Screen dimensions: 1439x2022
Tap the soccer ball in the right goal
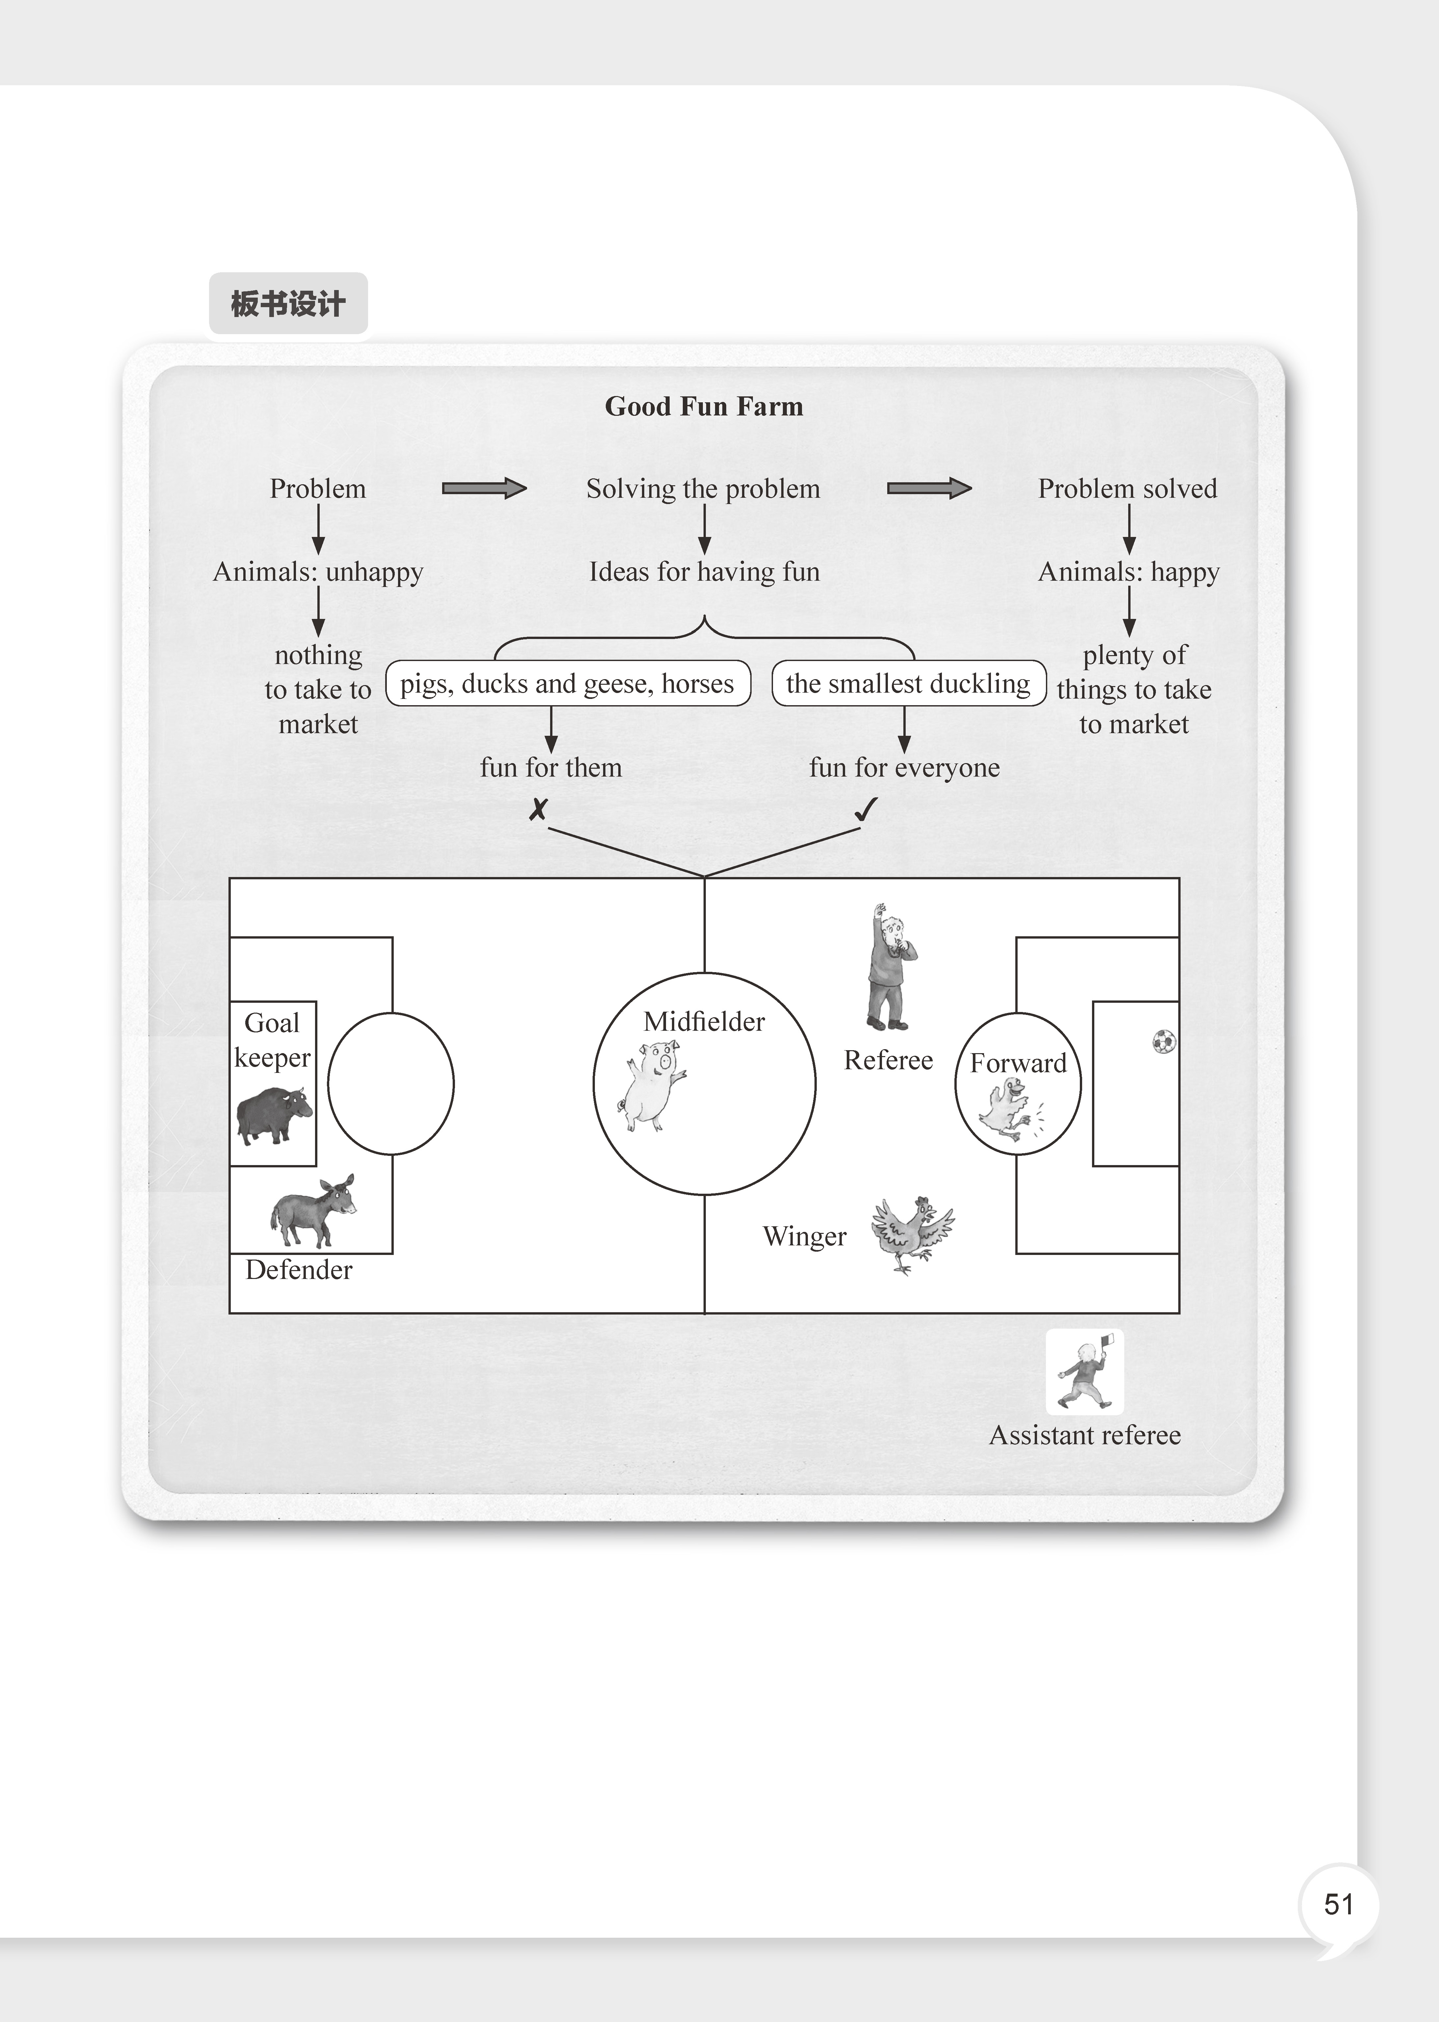coord(1164,1041)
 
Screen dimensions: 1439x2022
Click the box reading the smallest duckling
coord(908,683)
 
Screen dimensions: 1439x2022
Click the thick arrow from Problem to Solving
coord(484,488)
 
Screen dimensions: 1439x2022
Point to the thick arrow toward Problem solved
coord(929,488)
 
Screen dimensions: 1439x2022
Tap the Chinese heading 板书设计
coord(288,304)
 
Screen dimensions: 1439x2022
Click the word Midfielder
coord(704,1022)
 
